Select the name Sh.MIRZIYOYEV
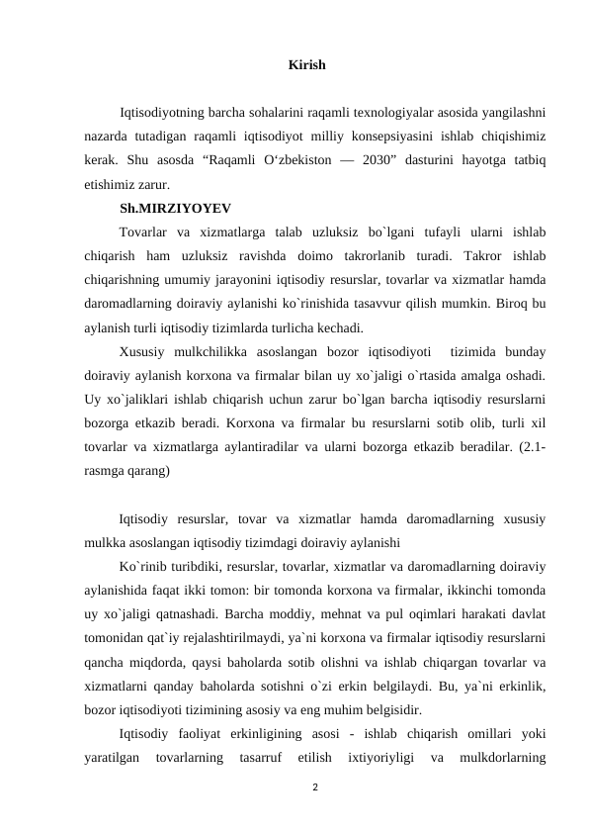click(176, 209)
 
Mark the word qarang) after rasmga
click(147, 472)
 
